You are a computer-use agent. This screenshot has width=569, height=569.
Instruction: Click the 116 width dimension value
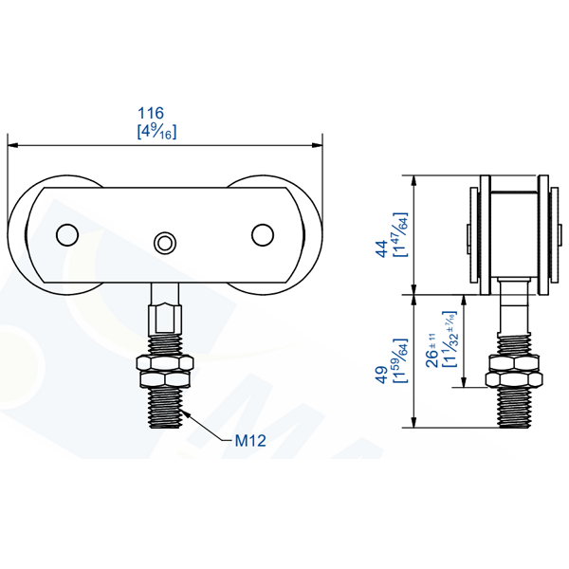[x=164, y=113]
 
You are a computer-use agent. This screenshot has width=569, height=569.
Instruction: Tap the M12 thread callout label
[x=249, y=440]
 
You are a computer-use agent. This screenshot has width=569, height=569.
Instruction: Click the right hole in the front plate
[x=261, y=233]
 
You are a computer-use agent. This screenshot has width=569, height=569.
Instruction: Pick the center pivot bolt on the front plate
[x=165, y=242]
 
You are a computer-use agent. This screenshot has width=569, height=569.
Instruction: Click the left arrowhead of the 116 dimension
[x=12, y=145]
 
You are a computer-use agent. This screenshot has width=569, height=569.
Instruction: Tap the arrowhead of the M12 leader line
[x=188, y=411]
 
